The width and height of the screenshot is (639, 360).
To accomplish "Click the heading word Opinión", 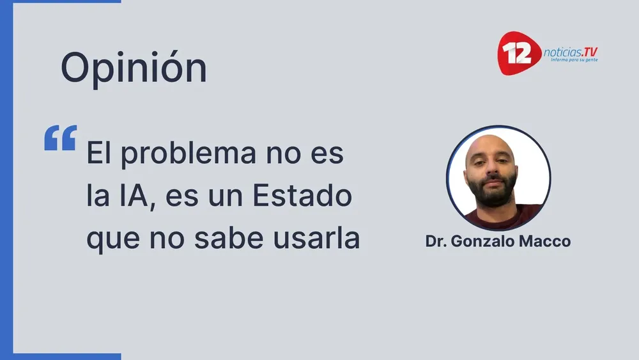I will pos(134,68).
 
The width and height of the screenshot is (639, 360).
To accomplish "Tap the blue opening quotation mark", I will pos(60,137).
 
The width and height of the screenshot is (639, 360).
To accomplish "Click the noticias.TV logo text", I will pos(571,52).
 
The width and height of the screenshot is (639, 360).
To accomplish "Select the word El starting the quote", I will pos(100,155).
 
